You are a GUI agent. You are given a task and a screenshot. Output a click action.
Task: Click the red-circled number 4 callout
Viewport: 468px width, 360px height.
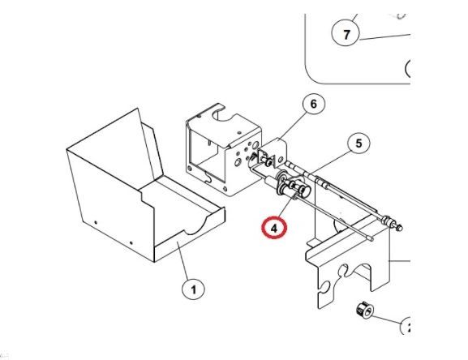click(x=274, y=228)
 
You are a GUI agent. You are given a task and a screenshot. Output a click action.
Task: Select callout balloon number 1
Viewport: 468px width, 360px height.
click(x=193, y=289)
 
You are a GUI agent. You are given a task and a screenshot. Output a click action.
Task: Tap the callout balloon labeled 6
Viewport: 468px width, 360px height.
click(x=313, y=104)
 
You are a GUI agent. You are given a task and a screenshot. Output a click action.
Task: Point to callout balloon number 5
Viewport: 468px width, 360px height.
click(x=359, y=144)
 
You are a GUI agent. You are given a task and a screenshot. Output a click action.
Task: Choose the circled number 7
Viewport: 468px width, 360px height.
click(x=346, y=34)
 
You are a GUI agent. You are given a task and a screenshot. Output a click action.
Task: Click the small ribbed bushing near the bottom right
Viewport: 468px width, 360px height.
click(x=365, y=311)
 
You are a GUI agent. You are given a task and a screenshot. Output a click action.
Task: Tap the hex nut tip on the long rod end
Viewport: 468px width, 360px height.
click(x=399, y=228)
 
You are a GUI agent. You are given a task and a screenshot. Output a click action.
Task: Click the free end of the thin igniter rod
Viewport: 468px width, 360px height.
click(x=371, y=238)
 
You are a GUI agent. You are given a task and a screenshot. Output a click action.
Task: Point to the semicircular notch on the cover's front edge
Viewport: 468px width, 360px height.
click(x=195, y=227)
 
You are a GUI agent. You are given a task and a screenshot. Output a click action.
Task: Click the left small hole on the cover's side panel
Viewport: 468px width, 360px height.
click(x=96, y=222)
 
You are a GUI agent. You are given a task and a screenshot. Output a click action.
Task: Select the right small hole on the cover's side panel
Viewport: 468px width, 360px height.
click(x=131, y=243)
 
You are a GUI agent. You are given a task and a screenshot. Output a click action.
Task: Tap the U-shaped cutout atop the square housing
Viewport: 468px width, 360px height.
click(x=223, y=115)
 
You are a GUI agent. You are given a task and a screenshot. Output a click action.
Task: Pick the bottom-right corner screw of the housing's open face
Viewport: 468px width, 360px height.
click(x=225, y=188)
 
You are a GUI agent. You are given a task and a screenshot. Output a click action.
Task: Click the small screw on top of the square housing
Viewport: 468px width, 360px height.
click(x=239, y=133)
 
